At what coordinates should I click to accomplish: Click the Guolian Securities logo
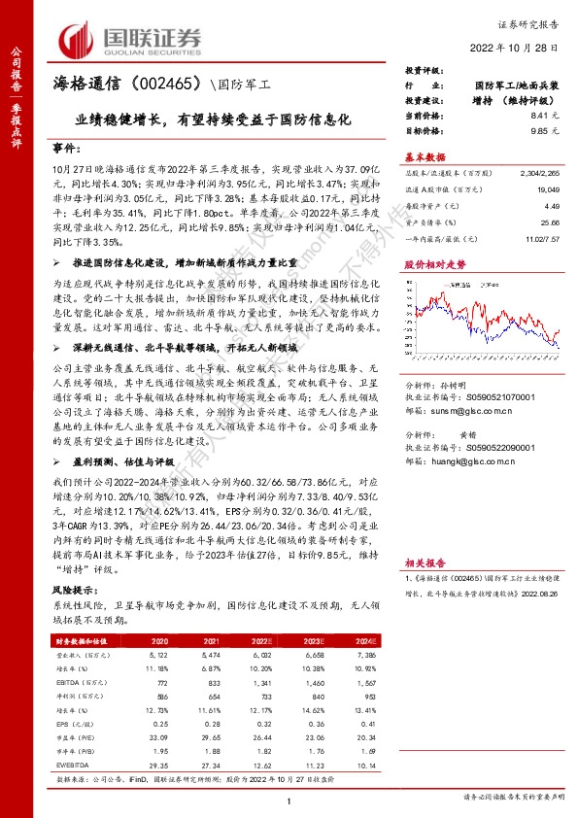131,39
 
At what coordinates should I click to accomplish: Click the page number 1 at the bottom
289,800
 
